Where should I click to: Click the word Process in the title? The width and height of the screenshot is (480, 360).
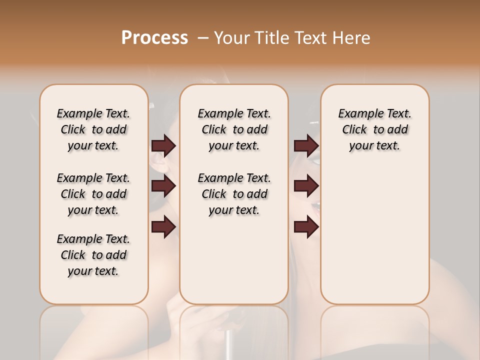click(154, 38)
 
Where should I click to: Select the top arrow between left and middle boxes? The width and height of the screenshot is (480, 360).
click(163, 145)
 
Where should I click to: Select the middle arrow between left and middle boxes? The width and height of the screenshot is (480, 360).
click(163, 186)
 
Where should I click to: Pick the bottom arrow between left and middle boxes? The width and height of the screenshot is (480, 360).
click(163, 226)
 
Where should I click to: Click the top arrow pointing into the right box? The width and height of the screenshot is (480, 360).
click(306, 145)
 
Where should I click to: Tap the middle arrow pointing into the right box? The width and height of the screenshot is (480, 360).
click(306, 186)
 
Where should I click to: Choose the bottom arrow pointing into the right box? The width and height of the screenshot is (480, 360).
click(306, 226)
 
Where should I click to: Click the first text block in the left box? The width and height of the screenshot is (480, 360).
click(93, 129)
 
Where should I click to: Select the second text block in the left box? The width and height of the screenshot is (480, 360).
click(93, 194)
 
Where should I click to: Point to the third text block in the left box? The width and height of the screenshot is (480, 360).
click(93, 255)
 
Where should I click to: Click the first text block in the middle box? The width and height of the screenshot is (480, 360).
click(234, 129)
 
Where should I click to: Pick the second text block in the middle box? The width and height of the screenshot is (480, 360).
click(234, 194)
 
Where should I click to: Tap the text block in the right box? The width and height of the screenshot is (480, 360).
click(375, 129)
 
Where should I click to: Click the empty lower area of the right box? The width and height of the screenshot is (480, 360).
click(375, 240)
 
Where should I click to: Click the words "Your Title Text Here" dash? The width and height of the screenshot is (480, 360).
click(204, 38)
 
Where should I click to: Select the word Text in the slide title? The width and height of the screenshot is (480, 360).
click(310, 38)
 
